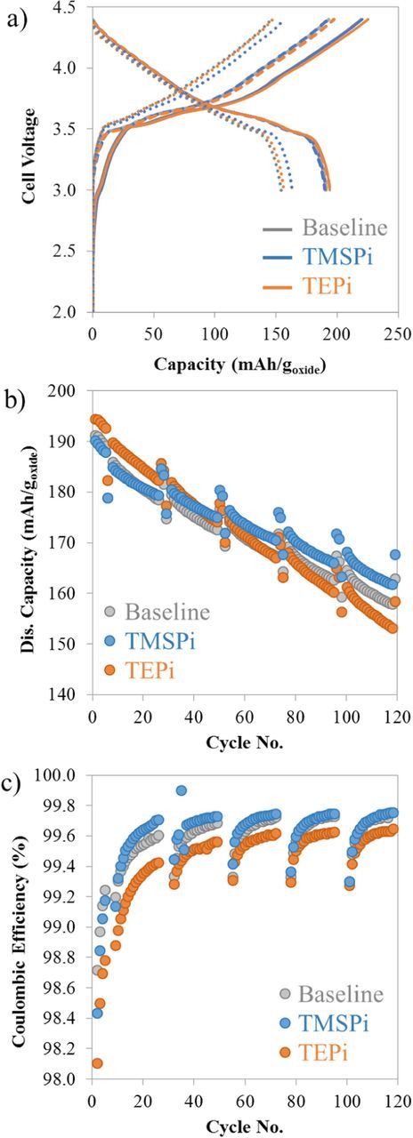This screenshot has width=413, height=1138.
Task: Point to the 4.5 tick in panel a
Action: coord(75,6)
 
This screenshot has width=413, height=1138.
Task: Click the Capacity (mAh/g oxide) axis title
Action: coord(243,364)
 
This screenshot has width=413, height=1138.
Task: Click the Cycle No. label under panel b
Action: coord(244,742)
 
